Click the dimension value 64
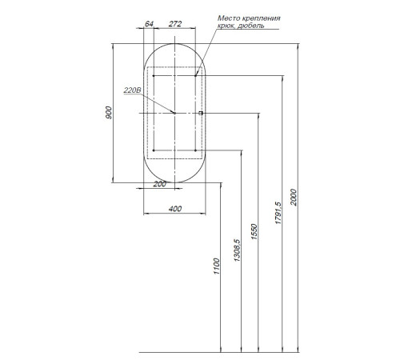pos(149,24)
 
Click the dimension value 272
pos(175,24)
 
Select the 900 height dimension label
pos(109,113)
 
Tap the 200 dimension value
pos(159,184)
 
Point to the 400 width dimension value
pos(175,209)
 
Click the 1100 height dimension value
pos(217,266)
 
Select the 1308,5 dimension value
pos(237,250)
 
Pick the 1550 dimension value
pos(254,232)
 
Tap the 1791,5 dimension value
pos(278,213)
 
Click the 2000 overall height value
pos(294,198)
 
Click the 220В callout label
pos(132,90)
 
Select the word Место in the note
pos(229,18)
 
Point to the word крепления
pos(262,18)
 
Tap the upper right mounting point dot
pos(195,76)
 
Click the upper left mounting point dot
pos(154,76)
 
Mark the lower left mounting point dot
pos(154,150)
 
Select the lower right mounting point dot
pos(195,150)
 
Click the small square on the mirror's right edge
pos(201,113)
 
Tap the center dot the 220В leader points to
pos(174,113)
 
